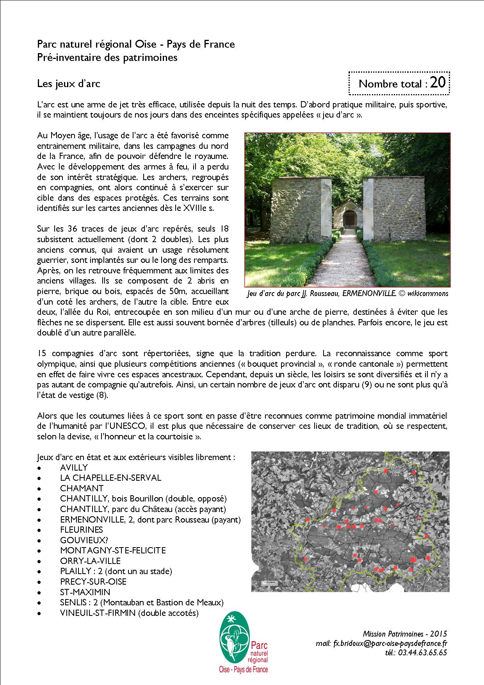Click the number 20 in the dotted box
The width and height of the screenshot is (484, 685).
438,83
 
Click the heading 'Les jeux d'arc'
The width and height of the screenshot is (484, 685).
69,84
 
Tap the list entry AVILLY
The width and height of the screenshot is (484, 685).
74,467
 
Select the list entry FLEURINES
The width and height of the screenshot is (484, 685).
82,530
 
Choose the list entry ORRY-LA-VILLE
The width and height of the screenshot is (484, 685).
90,561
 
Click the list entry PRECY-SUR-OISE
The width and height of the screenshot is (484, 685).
93,582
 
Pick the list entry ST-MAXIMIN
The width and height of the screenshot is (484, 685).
85,592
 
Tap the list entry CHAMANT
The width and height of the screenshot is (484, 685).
82,488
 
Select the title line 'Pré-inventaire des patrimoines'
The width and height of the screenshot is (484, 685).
107,57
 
